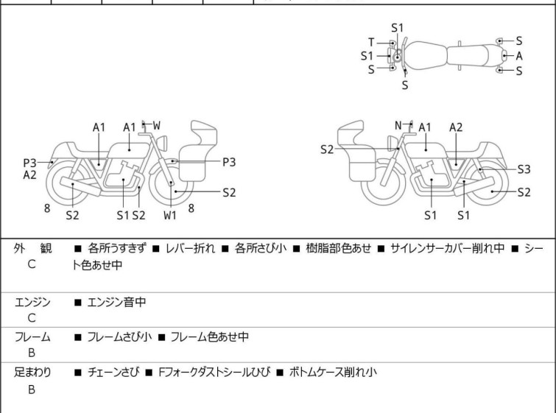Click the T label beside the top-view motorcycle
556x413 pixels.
point(372,41)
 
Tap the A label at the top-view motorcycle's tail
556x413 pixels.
point(519,55)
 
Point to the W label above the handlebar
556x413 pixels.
point(156,126)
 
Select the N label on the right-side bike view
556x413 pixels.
point(398,125)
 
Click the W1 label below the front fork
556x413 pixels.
point(170,215)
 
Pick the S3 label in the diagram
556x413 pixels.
point(524,169)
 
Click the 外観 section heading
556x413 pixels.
point(32,249)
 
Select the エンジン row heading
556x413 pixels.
point(32,302)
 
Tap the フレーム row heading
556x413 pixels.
point(32,337)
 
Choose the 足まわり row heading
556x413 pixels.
point(32,373)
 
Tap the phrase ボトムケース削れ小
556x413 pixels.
point(331,373)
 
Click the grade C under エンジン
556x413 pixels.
point(32,318)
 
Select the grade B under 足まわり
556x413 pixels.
point(32,389)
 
